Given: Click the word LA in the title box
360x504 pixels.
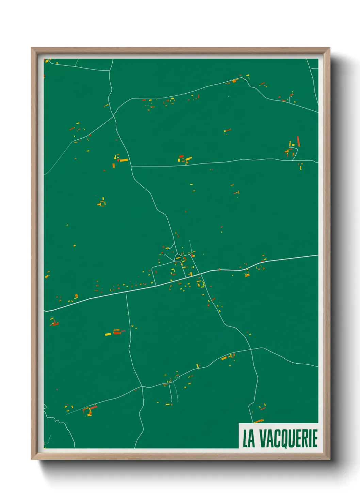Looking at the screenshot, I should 249,438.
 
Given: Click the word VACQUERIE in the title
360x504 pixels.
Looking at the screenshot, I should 289,438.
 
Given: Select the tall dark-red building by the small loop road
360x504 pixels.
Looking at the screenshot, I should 298,141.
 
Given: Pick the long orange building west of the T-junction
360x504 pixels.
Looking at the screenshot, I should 124,160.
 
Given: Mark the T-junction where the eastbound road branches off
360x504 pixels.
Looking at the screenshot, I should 131,166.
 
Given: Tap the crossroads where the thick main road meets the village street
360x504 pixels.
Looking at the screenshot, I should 201,273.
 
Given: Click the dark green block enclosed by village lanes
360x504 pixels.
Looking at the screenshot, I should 167,271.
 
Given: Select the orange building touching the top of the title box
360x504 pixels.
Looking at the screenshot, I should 259,421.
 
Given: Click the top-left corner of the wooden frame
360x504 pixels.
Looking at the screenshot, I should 32,48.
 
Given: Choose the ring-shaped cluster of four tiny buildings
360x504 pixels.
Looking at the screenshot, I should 102,203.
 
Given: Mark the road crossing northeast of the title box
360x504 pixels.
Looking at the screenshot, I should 251,349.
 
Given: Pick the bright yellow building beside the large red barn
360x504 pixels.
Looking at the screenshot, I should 108,334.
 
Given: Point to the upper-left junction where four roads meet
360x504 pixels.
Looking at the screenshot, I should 114,116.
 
